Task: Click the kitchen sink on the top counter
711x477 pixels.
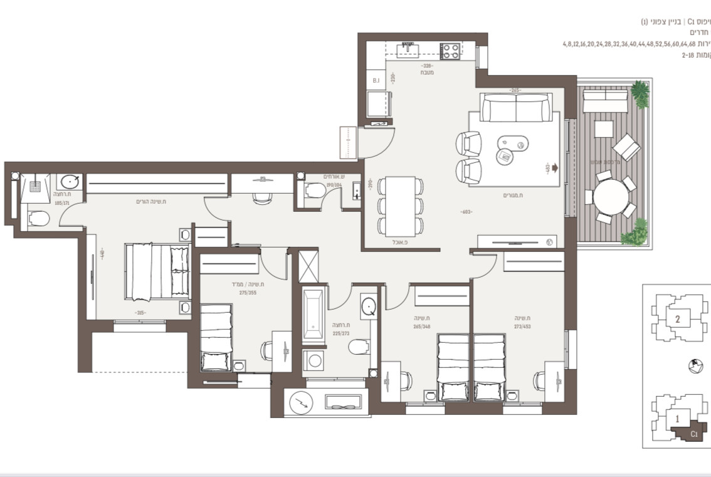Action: tap(409, 48)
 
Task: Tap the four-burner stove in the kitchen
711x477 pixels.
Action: tap(450, 51)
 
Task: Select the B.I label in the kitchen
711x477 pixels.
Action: tap(376, 81)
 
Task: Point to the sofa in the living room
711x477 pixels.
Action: tap(516, 107)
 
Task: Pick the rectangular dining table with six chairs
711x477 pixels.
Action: tap(400, 205)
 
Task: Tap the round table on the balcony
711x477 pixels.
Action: tap(610, 198)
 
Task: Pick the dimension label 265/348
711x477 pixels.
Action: tap(421, 327)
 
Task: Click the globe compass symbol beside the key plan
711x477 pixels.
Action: tap(695, 367)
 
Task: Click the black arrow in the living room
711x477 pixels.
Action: tap(554, 167)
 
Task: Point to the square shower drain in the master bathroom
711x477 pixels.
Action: tap(36, 186)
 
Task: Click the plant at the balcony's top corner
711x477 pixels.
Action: tap(639, 93)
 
